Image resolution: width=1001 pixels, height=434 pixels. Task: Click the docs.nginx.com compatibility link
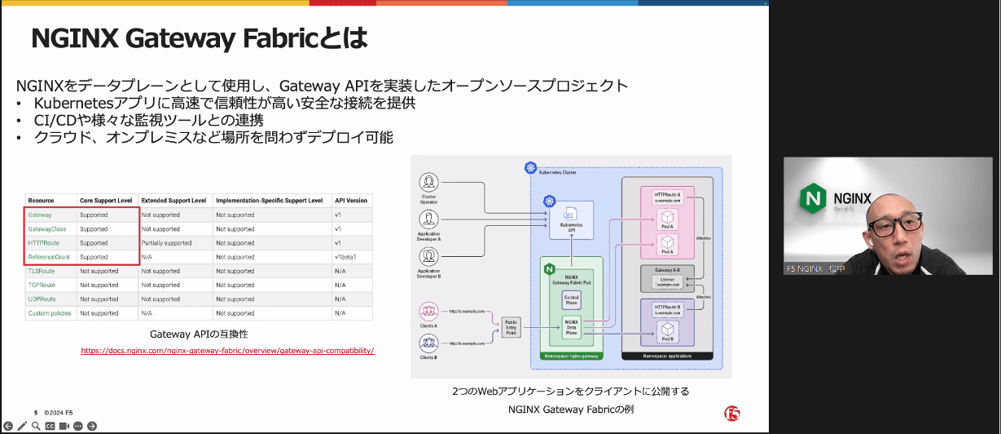click(227, 351)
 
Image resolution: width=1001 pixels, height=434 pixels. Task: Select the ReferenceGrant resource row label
click(48, 257)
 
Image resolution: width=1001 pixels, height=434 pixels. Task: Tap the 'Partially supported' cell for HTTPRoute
click(166, 243)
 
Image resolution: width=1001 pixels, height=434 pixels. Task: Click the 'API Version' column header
click(351, 200)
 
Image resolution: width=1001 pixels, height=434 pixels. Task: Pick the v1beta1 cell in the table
click(347, 257)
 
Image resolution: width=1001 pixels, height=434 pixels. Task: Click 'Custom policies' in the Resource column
click(50, 313)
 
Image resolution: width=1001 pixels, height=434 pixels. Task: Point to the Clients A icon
click(429, 311)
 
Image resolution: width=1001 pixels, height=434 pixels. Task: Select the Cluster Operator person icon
click(429, 181)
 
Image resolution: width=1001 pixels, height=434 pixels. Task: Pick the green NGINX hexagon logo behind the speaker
click(813, 198)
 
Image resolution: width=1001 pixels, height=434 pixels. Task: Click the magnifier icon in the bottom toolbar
click(35, 426)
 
